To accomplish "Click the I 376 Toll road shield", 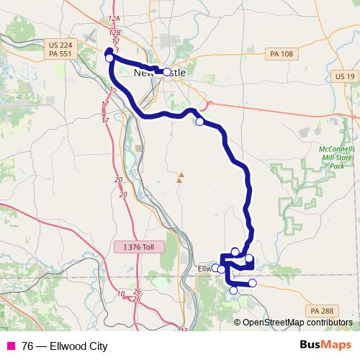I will tap(139, 247).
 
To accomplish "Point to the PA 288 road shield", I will tap(321, 310).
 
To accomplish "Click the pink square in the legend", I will tap(9, 346).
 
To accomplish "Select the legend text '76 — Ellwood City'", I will tap(64, 346).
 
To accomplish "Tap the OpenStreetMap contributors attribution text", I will tap(297, 323).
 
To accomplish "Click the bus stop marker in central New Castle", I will tap(167, 72).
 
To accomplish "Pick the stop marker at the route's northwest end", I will tap(109, 58).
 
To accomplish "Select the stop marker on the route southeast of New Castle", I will tap(199, 122).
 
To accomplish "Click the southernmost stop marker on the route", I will tap(233, 290).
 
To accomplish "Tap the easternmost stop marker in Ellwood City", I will tap(253, 283).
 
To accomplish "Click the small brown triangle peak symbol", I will tap(181, 175).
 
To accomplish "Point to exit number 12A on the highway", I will tap(112, 17).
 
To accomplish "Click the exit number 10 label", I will tap(120, 294).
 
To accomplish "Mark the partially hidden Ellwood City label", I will tap(204, 269).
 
